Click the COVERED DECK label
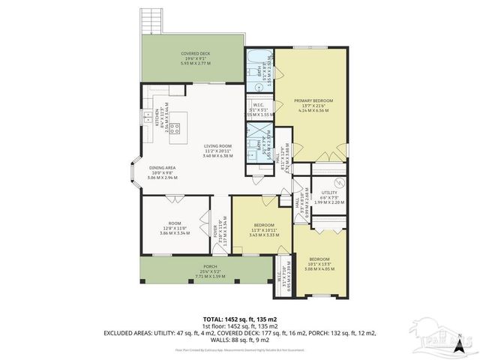(x=196, y=55)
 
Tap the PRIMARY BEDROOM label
(x=313, y=100)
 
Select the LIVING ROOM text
(x=218, y=145)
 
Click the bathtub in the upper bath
(x=260, y=56)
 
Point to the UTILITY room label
(x=327, y=193)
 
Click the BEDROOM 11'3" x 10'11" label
(x=264, y=225)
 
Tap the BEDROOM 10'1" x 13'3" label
(x=318, y=259)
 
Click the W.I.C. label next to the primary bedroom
(x=259, y=106)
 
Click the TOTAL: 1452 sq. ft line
(x=238, y=318)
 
